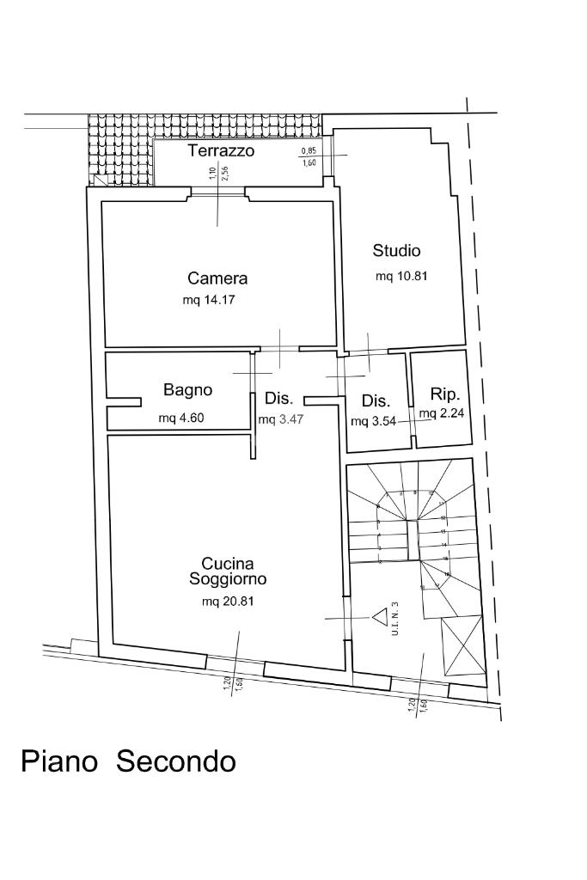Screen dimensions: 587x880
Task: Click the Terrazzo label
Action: tap(221, 151)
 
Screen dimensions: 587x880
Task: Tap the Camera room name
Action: tap(217, 278)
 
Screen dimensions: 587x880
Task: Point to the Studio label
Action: tap(396, 251)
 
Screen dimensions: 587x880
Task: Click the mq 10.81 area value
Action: tap(401, 277)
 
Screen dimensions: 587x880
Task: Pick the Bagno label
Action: tap(187, 390)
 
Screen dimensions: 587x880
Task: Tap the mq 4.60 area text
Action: tap(181, 419)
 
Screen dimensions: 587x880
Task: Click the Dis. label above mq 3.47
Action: tap(279, 399)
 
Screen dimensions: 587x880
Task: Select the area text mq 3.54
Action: tap(372, 422)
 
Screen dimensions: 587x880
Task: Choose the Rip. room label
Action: tap(445, 395)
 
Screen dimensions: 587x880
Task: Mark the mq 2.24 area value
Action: tap(443, 413)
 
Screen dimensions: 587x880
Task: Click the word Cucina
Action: tap(227, 564)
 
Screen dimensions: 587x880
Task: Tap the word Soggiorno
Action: tap(228, 579)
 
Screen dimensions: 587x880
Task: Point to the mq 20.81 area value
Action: tap(228, 602)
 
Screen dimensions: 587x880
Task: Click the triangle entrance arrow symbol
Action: tap(379, 615)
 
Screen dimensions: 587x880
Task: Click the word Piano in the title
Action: tap(58, 761)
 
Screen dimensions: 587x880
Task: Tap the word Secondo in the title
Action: tap(175, 761)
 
